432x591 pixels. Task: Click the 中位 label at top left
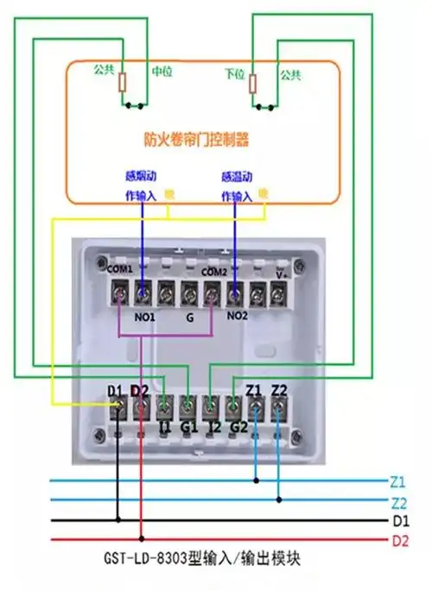[x=162, y=72]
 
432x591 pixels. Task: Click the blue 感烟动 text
[x=141, y=175]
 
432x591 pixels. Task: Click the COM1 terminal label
[x=120, y=269]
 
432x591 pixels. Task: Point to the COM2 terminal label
[x=214, y=271]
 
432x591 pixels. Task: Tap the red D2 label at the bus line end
[x=398, y=541]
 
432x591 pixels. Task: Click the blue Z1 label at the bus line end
[x=397, y=481]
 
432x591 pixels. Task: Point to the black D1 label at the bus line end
[x=398, y=521]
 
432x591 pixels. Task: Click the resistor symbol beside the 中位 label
[x=124, y=84]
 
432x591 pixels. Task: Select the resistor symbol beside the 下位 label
[x=253, y=84]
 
